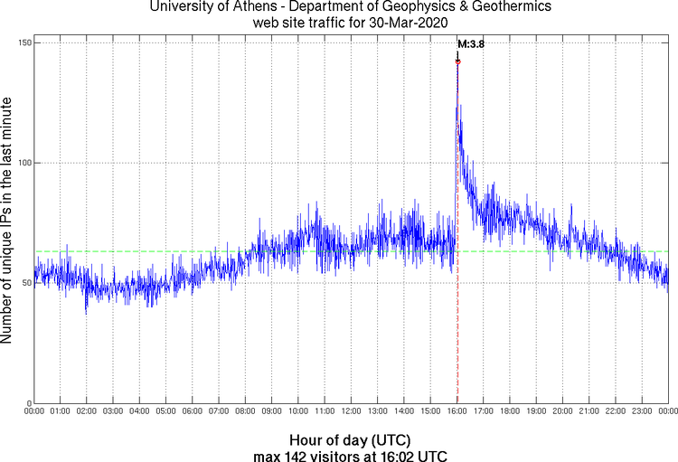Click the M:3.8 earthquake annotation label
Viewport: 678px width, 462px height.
[x=471, y=43]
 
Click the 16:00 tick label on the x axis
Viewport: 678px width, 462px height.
[x=457, y=411]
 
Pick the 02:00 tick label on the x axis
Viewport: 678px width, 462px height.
[x=87, y=411]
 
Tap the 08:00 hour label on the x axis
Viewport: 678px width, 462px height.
[x=245, y=411]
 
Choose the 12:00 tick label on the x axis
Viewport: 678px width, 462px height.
[x=351, y=411]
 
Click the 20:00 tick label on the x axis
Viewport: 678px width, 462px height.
[x=562, y=411]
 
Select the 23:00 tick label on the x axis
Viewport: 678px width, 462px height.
[x=641, y=411]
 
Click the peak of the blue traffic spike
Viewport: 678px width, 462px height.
[x=457, y=61]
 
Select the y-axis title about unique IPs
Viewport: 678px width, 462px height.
[x=8, y=222]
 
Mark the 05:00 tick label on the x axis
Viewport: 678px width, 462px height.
[x=166, y=411]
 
